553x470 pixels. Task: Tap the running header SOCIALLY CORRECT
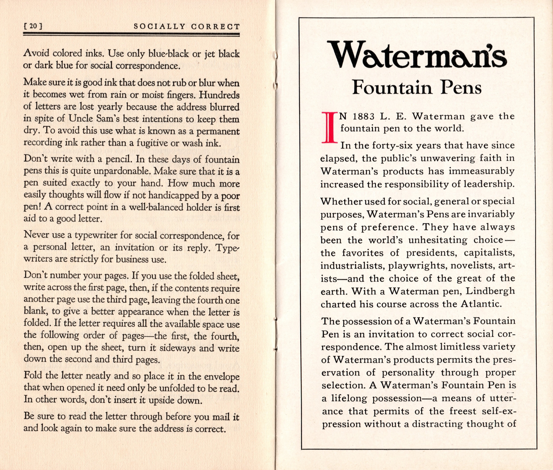[x=186, y=27]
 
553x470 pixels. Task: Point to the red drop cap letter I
[x=328, y=127]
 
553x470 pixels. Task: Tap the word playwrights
[x=412, y=265]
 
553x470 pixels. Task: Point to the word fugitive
[x=152, y=143]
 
